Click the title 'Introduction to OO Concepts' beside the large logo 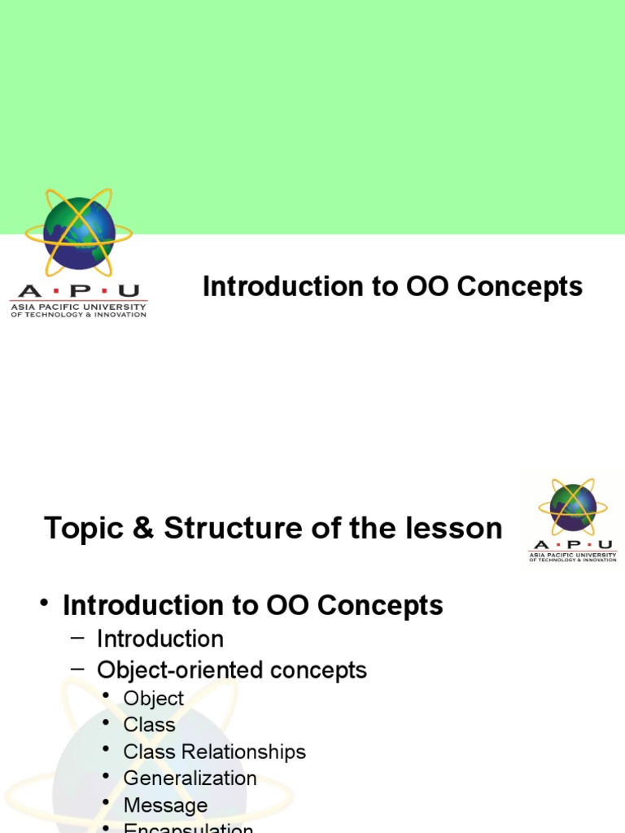pos(392,286)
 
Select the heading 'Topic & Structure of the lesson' pos(273,529)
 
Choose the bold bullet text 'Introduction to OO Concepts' pos(253,605)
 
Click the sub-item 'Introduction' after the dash pos(160,639)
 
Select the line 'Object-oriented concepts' pos(232,670)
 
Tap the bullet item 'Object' pos(154,698)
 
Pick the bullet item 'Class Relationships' pos(215,752)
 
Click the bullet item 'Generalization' pos(190,778)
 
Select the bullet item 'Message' pos(166,805)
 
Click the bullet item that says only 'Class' pos(150,725)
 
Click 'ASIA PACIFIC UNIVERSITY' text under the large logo pos(78,307)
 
